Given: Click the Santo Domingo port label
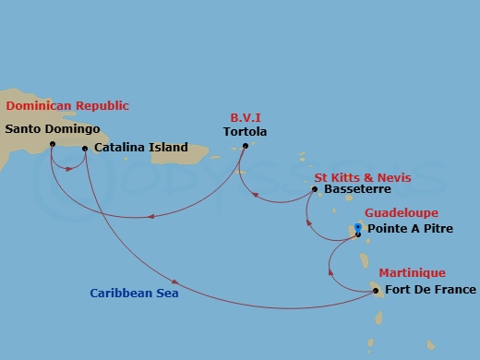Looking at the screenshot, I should click(x=53, y=129).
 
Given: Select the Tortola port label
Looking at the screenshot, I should click(x=245, y=132).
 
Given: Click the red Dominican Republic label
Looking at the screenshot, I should click(x=67, y=106).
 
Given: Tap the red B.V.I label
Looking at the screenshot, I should click(x=246, y=117).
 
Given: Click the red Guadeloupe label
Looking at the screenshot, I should click(x=401, y=212).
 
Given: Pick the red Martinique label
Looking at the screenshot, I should click(x=412, y=273).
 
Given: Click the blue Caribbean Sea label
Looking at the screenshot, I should click(x=134, y=294).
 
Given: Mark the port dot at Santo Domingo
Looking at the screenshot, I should click(x=52, y=143).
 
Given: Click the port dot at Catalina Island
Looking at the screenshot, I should click(x=85, y=148).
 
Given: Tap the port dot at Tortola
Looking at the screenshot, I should click(x=245, y=146).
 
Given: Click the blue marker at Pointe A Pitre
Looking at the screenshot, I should click(x=358, y=228).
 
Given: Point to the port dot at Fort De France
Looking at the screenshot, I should click(x=376, y=290).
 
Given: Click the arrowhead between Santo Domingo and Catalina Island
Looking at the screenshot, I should click(x=69, y=168).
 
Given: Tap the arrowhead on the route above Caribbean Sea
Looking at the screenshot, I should click(x=174, y=280).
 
